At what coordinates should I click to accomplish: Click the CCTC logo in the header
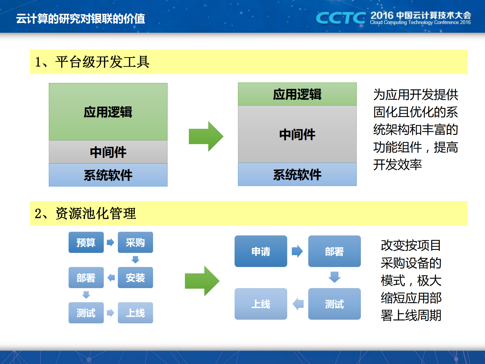tap(340, 18)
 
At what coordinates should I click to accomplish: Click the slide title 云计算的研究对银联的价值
tap(80, 18)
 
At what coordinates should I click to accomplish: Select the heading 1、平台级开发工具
tap(92, 62)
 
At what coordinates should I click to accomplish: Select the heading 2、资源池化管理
tap(85, 213)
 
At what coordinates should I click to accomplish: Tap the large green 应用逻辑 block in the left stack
tap(108, 112)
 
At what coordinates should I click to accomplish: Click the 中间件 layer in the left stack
tap(108, 152)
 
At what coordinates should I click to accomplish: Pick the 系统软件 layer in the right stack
tap(297, 175)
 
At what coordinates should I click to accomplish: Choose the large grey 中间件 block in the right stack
tap(297, 134)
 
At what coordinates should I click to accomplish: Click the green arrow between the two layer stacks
tap(206, 136)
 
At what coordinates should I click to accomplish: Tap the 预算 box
tap(86, 242)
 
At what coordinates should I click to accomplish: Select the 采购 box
tap(135, 242)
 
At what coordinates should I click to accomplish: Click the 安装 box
tap(135, 277)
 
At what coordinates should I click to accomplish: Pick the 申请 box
tap(261, 251)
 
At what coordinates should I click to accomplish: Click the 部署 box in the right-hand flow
tap(334, 251)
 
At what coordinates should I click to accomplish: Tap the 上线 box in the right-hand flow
tap(261, 304)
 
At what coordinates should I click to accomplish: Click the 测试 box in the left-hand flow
tap(86, 313)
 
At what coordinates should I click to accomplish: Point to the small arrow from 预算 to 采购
tap(110, 242)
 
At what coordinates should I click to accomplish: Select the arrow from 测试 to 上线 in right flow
tap(298, 304)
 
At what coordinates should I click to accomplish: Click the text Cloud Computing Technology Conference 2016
tap(420, 23)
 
